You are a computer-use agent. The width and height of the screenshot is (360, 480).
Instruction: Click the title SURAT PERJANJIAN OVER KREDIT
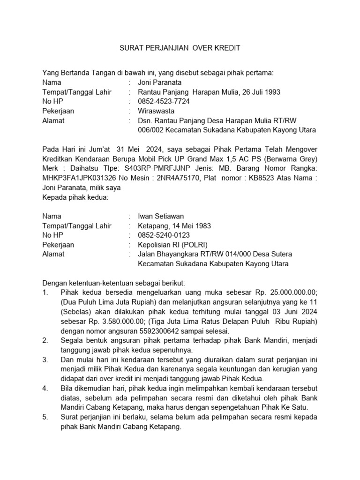(180, 48)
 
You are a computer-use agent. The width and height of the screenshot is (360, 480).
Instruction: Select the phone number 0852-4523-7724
(164, 101)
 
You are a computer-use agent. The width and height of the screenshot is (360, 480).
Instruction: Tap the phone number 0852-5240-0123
(164, 235)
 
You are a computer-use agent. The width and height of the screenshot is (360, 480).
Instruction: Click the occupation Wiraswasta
(156, 111)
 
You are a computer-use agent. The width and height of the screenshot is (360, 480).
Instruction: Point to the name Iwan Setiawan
(161, 216)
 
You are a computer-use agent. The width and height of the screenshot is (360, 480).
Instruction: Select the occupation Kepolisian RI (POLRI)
(172, 245)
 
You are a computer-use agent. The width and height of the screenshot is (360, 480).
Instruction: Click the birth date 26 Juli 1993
(261, 92)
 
